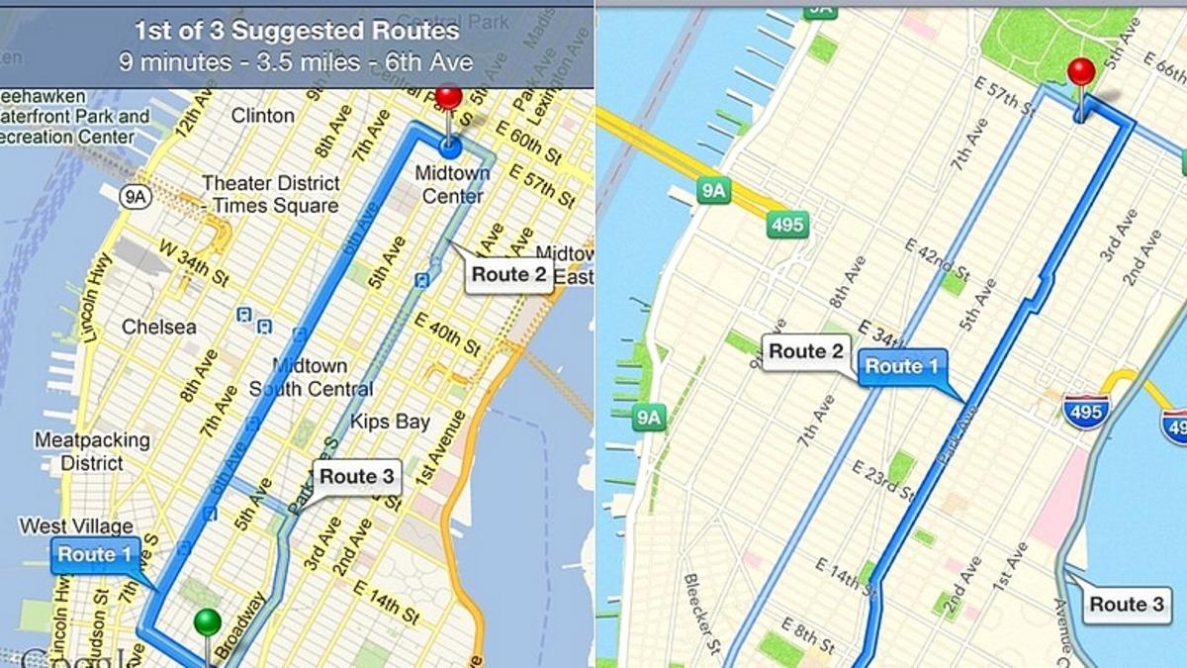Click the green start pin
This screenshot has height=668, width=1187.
207,623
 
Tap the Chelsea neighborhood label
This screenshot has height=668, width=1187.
158,327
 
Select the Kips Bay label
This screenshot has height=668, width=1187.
390,423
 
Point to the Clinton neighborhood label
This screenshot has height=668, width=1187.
262,116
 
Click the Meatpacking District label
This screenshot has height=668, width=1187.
93,450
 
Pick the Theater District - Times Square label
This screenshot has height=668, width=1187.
270,194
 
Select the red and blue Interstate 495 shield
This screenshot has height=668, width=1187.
1085,409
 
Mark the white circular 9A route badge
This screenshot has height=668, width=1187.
135,197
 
